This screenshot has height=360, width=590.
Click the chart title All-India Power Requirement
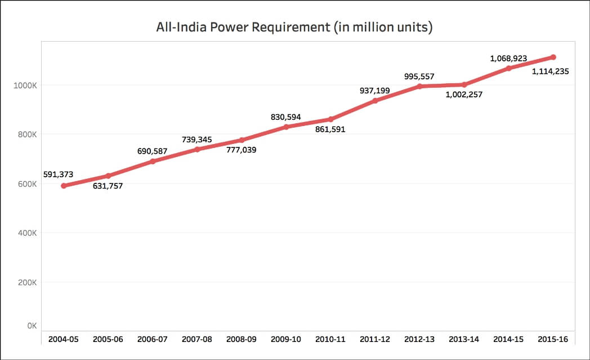pos(294,27)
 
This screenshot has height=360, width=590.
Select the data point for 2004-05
pos(64,186)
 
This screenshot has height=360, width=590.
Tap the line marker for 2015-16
pos(553,57)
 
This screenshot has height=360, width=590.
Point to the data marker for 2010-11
pos(331,119)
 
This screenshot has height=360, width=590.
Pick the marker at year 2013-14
pos(464,84)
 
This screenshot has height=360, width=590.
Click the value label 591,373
pos(58,174)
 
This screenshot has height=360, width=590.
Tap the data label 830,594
pos(285,117)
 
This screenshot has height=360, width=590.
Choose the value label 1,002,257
pos(463,95)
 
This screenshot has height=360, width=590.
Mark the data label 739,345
pos(196,139)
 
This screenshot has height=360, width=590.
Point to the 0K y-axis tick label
pos(32,326)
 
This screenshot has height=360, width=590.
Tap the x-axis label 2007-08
pos(197,340)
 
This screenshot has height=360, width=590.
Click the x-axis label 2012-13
pos(420,340)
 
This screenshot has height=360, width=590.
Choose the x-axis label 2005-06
pos(108,340)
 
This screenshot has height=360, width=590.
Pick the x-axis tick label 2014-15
pos(509,340)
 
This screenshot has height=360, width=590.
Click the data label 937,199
pos(375,90)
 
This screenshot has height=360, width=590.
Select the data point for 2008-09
pos(242,140)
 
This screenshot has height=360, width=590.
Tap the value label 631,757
pos(108,186)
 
